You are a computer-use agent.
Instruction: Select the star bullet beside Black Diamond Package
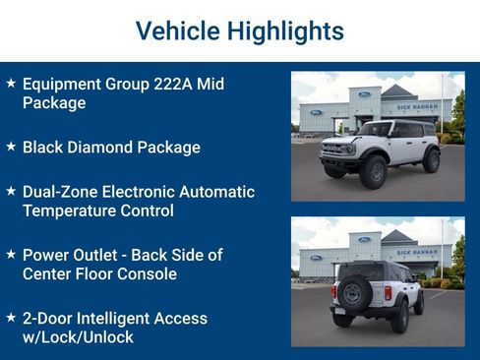(11, 147)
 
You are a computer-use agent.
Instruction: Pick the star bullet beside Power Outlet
(11, 255)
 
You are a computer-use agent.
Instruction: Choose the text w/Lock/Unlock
(78, 336)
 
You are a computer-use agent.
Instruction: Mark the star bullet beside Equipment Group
(11, 84)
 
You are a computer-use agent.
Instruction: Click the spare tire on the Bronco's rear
(352, 291)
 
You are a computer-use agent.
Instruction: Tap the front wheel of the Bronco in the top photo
(373, 170)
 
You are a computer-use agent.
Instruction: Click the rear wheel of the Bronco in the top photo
(431, 160)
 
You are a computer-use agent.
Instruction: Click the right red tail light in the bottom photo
(388, 292)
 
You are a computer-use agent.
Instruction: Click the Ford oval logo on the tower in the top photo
(364, 94)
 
